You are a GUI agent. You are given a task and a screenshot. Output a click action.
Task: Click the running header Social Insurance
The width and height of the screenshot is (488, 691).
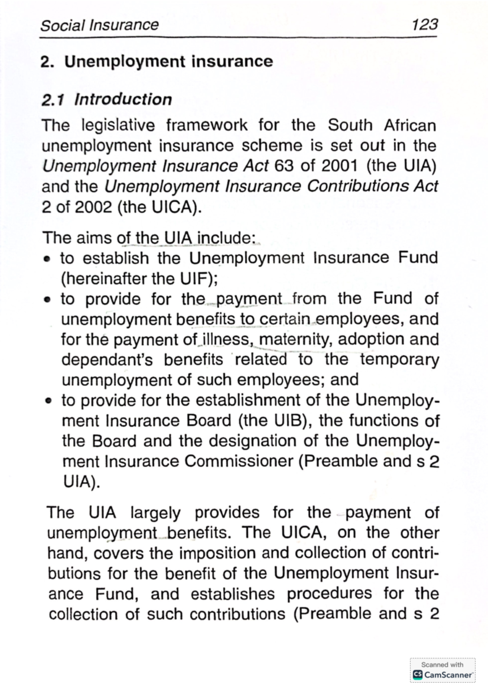(99, 25)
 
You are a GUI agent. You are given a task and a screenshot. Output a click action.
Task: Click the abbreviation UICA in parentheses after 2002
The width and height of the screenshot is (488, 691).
(171, 208)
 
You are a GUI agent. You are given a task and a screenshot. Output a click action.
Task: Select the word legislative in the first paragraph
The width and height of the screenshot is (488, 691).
(118, 125)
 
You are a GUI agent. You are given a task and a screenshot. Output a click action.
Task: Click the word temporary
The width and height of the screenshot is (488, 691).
(399, 360)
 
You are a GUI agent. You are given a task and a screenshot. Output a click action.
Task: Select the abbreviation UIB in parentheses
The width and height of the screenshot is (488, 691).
(289, 420)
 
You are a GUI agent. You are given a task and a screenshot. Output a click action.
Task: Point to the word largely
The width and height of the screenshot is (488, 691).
(155, 512)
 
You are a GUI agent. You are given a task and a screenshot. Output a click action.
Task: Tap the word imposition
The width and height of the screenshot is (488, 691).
(218, 553)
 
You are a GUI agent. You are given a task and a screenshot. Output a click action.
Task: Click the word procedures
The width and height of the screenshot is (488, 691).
(329, 594)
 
